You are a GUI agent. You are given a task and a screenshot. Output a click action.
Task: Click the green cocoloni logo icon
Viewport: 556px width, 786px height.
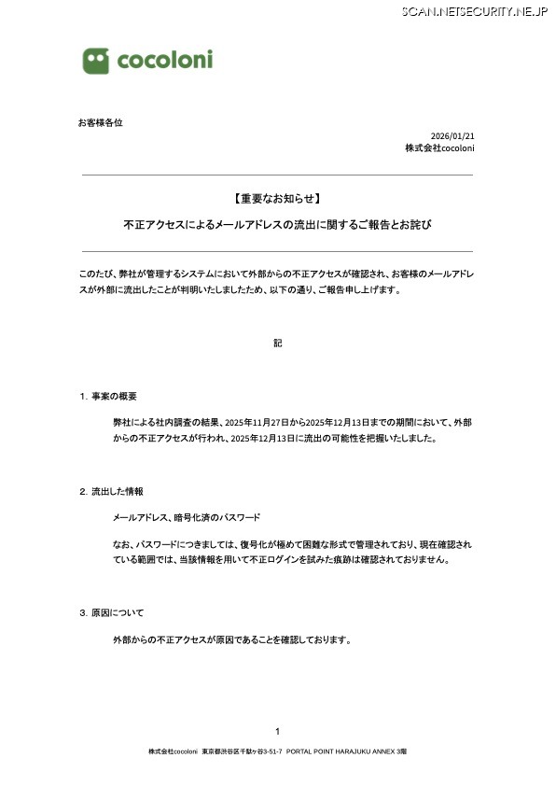pyautogui.click(x=95, y=61)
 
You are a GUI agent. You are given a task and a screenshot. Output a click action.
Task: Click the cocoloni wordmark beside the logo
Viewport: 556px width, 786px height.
pyautogui.click(x=164, y=61)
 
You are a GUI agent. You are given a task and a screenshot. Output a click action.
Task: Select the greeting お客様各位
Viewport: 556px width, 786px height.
pyautogui.click(x=100, y=122)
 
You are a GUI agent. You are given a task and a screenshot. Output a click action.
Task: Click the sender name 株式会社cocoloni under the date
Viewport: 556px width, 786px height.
pyautogui.click(x=439, y=148)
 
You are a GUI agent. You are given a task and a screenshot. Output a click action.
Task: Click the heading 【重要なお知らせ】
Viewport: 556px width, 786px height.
pyautogui.click(x=277, y=199)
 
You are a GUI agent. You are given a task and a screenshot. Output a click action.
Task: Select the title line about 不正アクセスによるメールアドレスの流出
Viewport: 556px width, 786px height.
pyautogui.click(x=277, y=225)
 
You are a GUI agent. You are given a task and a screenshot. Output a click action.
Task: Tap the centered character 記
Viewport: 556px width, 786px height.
pyautogui.click(x=277, y=343)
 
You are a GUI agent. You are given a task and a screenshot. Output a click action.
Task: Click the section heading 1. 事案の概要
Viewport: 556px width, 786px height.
pyautogui.click(x=108, y=397)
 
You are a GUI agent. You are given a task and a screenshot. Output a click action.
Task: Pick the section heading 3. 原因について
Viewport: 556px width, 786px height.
pyautogui.click(x=111, y=613)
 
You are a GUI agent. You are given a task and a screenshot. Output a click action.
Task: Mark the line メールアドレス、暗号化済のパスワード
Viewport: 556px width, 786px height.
pyautogui.click(x=187, y=517)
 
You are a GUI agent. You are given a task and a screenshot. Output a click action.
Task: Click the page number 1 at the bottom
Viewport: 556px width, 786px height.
pyautogui.click(x=277, y=731)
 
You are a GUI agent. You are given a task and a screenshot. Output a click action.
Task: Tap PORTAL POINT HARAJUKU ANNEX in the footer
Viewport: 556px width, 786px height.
pyautogui.click(x=340, y=751)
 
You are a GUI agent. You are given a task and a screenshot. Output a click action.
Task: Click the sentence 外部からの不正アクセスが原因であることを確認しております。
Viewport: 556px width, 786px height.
pyautogui.click(x=231, y=640)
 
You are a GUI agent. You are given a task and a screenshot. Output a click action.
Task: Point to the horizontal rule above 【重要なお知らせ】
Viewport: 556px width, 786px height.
pyautogui.click(x=277, y=175)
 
